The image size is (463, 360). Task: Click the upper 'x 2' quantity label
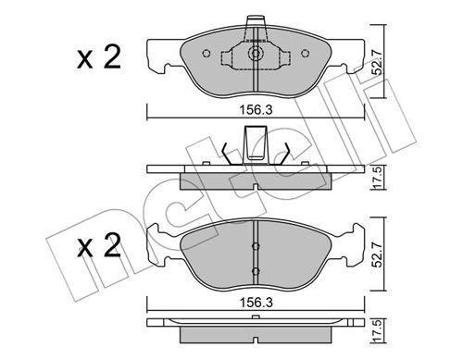coord(99,57)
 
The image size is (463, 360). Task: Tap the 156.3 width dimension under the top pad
coord(257,110)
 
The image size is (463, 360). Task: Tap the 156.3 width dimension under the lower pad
coord(257,303)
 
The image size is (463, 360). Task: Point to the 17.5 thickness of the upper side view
coord(378,178)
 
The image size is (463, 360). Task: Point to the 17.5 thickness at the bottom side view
coord(378,331)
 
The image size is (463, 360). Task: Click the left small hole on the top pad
coord(206,54)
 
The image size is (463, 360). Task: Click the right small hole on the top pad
coord(305,54)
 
